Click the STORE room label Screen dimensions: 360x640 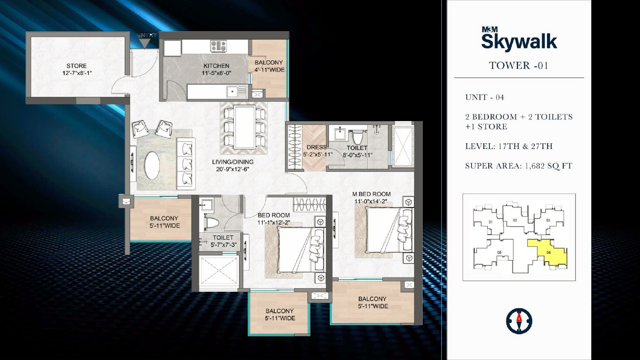point(77,66)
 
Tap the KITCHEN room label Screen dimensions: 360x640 point(216,66)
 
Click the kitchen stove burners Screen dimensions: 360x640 point(218,45)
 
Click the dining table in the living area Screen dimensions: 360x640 point(244,127)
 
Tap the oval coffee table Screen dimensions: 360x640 point(152,165)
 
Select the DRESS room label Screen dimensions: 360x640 point(317,147)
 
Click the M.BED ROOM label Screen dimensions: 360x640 point(372,194)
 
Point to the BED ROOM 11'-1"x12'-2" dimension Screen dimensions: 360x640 point(274,222)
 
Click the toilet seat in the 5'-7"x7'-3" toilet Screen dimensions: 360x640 point(211,223)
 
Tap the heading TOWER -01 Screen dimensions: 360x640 point(519,66)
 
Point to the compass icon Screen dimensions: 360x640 point(519,321)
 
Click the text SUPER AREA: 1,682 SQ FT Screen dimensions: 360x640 point(519,166)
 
